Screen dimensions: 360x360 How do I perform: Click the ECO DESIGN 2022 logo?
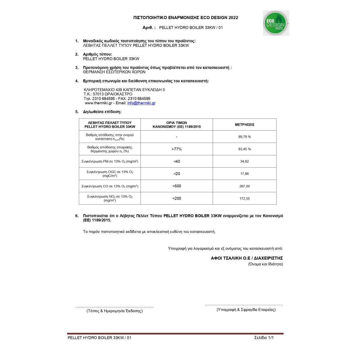[x=276, y=23]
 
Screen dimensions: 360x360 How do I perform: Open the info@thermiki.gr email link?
[x=141, y=103]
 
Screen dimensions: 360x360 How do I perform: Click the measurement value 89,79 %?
[x=244, y=137]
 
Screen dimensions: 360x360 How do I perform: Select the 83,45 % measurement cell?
[x=244, y=149]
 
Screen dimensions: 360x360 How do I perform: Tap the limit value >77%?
[x=177, y=149]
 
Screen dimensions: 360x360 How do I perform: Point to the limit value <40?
[x=177, y=161]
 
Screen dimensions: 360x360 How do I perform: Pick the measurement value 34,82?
[x=244, y=161]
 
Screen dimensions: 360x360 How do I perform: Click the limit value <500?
[x=177, y=186]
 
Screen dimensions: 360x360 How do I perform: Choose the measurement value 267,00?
[x=244, y=186]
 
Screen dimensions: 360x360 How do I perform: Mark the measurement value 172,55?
[x=244, y=199]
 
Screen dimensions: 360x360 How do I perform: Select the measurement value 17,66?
[x=244, y=174]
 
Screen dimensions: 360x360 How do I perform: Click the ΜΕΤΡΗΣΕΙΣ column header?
[x=244, y=124]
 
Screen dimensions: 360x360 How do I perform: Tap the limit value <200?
[x=177, y=198]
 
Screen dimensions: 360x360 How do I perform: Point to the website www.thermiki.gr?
[x=99, y=103]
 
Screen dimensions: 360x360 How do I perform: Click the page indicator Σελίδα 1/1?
[x=264, y=337]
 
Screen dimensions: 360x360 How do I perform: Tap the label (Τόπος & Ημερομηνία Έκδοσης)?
[x=115, y=311]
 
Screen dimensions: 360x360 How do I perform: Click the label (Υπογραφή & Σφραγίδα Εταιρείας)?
[x=246, y=310]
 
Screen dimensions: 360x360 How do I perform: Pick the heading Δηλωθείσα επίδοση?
[x=102, y=112]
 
